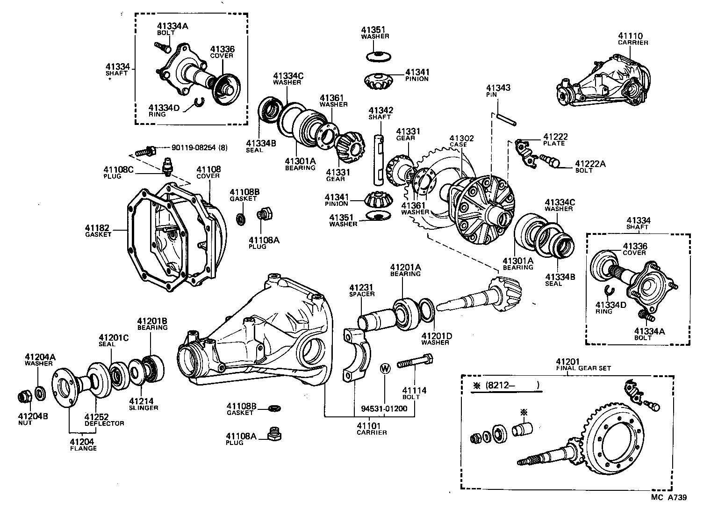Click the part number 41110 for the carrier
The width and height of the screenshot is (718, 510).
tap(630, 36)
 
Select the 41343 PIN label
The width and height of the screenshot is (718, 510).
tap(498, 91)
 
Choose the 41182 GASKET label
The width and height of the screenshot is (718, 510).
tap(97, 231)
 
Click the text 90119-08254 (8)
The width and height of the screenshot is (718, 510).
tap(200, 148)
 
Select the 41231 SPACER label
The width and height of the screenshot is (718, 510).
tap(362, 291)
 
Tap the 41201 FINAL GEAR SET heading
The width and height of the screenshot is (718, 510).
tap(583, 364)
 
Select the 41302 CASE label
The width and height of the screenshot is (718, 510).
tap(461, 141)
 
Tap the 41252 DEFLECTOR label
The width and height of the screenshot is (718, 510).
tap(104, 420)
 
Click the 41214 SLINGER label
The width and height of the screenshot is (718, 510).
tap(144, 404)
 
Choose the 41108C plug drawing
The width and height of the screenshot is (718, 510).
tap(166, 166)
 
